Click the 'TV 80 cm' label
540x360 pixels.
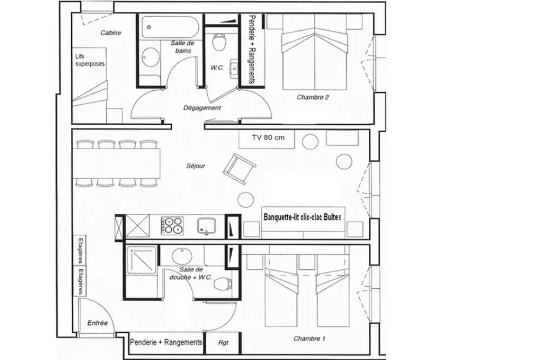(268, 138)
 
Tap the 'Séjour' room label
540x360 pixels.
(195, 166)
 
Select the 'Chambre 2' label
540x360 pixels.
(313, 98)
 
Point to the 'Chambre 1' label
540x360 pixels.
(309, 338)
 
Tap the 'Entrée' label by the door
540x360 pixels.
(97, 323)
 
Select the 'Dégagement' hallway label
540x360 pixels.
(202, 107)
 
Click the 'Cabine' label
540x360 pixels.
(111, 33)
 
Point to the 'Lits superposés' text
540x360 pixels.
(90, 59)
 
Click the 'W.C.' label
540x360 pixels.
(217, 68)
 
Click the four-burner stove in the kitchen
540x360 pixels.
(172, 225)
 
